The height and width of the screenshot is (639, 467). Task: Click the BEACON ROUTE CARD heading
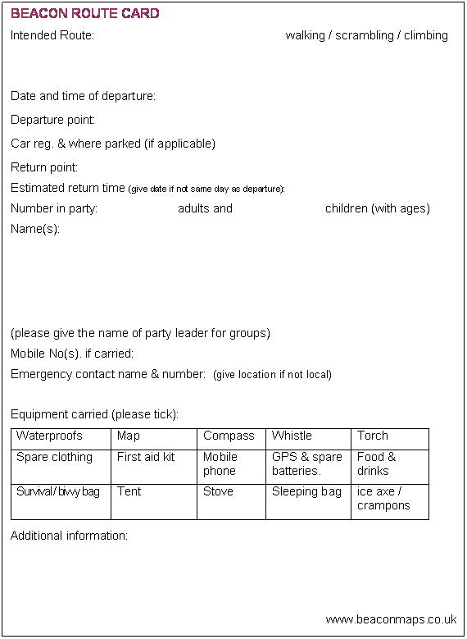coord(84,14)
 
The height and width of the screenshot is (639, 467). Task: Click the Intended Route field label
coord(52,35)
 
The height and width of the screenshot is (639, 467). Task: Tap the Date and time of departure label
coord(83,96)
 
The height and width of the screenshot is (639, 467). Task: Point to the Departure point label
coord(52,120)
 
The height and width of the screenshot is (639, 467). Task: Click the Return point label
coord(44,167)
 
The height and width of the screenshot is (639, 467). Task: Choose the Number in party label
coord(54,208)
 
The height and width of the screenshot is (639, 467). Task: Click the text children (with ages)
coord(377,208)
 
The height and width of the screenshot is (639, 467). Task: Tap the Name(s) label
coord(35,229)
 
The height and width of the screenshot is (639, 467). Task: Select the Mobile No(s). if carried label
coord(72,354)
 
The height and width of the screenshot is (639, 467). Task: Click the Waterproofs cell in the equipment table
coord(49,436)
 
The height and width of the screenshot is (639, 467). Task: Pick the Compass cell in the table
coord(229,436)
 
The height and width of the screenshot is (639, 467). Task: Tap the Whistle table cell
coord(292,436)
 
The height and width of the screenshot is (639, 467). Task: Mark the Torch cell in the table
coord(373,436)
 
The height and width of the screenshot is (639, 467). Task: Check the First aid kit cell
coord(146,457)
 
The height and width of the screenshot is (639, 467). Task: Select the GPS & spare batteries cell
coord(307,463)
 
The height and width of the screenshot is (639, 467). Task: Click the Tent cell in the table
coord(129,491)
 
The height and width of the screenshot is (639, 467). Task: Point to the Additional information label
coord(69,536)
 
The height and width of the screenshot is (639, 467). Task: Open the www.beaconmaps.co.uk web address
coord(391,619)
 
